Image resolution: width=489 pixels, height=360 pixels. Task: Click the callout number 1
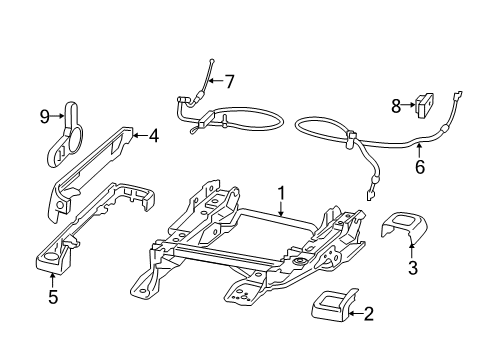[x=282, y=194]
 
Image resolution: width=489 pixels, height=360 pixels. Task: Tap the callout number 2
[x=368, y=315]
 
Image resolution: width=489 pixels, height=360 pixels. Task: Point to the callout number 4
[x=153, y=135]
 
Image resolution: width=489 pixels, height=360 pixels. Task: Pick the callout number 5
[x=53, y=295]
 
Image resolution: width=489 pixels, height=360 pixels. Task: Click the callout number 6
[x=420, y=167]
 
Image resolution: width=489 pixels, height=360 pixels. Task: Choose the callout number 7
[x=229, y=81]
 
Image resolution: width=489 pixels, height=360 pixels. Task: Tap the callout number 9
[x=44, y=117]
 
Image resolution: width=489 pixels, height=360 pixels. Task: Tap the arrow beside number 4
[x=139, y=135]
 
